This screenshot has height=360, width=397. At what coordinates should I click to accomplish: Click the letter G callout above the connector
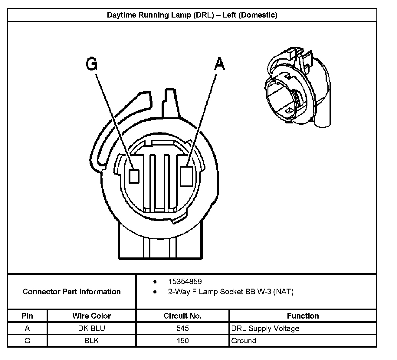pos(92,64)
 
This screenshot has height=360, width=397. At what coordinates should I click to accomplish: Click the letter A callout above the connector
pos(220,64)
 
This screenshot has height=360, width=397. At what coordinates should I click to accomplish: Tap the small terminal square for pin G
pos(134,176)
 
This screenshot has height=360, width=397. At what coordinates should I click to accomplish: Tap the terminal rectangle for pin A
pos(186,176)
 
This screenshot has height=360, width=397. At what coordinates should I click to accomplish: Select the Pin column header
pos(27,316)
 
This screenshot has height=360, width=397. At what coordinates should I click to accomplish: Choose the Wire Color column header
pos(91,316)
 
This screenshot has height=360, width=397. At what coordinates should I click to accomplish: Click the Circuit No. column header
pos(182,316)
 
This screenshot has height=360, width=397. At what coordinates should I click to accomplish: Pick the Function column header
pos(303,316)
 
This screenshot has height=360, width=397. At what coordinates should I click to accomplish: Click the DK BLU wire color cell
pos(91,328)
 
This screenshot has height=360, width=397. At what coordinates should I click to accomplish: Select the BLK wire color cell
pos(91,341)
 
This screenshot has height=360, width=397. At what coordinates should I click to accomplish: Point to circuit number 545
pos(182,328)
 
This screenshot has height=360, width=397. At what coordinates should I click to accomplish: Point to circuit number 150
pos(182,341)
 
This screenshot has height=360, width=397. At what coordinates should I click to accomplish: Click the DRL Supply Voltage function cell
pos(265,328)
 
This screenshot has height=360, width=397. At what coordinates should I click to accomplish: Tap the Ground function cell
pos(244,341)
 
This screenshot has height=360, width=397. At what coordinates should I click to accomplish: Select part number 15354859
pos(185,282)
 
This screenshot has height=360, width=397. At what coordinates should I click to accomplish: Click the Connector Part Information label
pos(72,292)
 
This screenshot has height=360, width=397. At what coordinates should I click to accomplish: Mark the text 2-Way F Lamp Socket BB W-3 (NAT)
pos(231,292)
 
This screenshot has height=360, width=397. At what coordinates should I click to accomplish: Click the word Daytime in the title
pos(121,15)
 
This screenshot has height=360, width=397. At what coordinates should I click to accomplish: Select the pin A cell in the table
pos(27,328)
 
